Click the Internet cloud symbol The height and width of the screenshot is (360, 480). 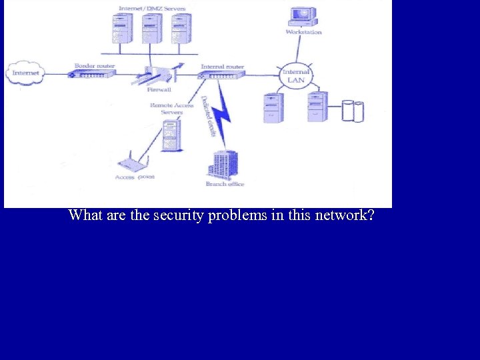click(x=25, y=73)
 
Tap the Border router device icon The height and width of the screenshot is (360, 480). click(x=92, y=74)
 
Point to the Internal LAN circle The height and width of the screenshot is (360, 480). click(x=295, y=75)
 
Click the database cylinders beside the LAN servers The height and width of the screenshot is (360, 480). click(x=353, y=111)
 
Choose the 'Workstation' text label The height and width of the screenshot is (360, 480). click(x=303, y=32)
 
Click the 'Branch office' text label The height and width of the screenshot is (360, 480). click(x=225, y=184)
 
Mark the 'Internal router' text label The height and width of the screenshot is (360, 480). click(x=223, y=67)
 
